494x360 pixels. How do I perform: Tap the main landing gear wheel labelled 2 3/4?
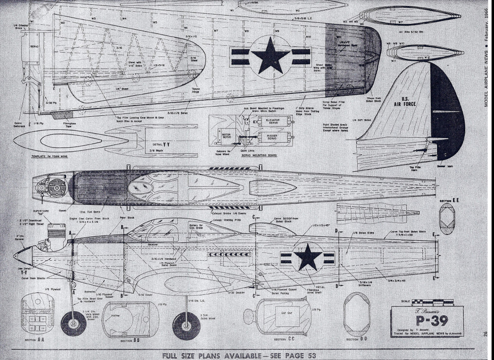tap(186, 327)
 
